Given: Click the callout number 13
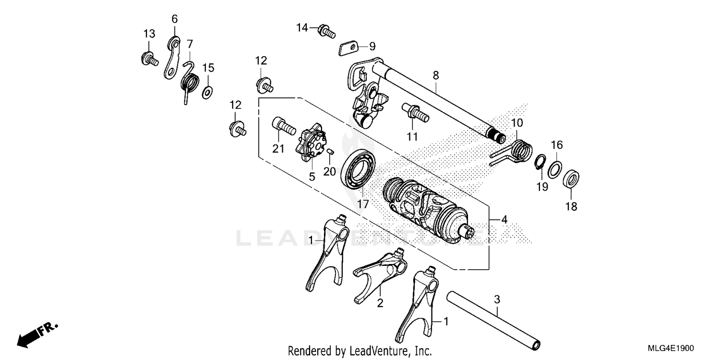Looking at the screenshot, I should pyautogui.click(x=149, y=34).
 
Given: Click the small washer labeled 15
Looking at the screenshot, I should pyautogui.click(x=208, y=91).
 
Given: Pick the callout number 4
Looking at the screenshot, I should pyautogui.click(x=504, y=219).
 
